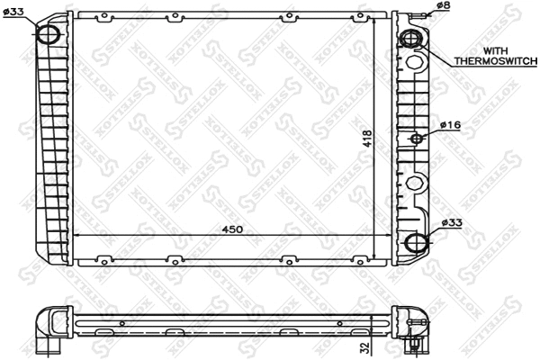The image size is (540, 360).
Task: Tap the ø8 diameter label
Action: click(443, 6)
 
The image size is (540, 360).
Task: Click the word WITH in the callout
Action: click(496, 50)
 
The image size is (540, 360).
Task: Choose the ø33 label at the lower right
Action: click(452, 222)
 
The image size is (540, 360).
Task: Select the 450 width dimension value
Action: click(232, 229)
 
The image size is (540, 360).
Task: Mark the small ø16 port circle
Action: click(417, 139)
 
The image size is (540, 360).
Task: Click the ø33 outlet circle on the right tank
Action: click(414, 244)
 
